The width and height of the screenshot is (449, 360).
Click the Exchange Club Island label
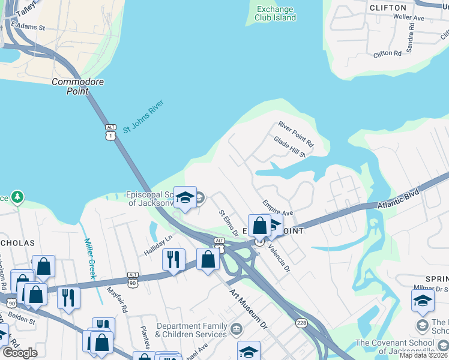[276, 13]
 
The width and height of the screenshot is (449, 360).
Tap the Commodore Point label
[78, 86]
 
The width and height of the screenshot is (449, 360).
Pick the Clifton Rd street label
[387, 53]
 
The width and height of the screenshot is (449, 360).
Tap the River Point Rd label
[296, 134]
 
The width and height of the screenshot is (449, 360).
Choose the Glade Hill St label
[290, 147]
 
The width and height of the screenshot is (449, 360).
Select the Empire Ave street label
[277, 208]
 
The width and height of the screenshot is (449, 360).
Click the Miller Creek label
[89, 259]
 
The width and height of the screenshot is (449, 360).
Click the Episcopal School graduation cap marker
[185, 197]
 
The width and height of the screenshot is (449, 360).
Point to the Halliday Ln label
[157, 245]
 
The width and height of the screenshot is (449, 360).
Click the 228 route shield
[301, 323]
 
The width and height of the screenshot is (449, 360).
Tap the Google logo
[20, 353]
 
